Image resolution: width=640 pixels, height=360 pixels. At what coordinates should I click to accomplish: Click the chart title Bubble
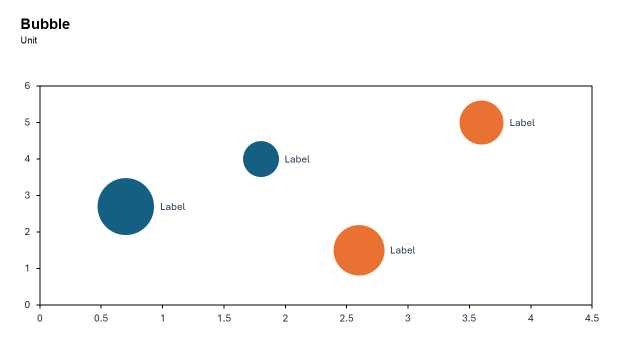point(45,24)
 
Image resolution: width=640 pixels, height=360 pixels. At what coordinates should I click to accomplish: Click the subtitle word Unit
point(29,40)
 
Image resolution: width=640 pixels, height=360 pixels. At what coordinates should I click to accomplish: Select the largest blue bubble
point(125,206)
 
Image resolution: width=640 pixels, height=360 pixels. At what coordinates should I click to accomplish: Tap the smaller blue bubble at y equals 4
point(261,159)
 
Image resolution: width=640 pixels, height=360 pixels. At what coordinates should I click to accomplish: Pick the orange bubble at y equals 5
point(481,122)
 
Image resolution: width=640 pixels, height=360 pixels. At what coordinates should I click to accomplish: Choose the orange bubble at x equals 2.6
point(358,250)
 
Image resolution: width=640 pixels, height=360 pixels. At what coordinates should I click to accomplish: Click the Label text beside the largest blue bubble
point(172,207)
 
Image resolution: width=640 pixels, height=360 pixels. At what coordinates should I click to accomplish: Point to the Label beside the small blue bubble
point(297,159)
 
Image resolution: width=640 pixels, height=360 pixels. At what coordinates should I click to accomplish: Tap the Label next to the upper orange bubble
point(522,123)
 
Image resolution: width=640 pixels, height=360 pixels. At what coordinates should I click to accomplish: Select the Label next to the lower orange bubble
point(402,250)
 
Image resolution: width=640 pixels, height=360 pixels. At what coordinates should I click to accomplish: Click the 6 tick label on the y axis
point(27,86)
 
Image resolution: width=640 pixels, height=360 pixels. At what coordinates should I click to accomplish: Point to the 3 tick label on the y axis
point(27,195)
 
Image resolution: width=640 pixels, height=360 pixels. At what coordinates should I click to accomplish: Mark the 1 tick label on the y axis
point(27,268)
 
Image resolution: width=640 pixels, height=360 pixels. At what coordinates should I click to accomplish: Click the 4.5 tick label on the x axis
point(591,318)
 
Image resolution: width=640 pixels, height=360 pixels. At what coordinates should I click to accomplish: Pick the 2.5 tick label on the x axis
point(346,318)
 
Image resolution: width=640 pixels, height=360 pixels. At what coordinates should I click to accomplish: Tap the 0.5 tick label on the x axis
point(101,318)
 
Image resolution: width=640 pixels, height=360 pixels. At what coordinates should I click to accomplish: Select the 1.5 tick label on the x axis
point(223,318)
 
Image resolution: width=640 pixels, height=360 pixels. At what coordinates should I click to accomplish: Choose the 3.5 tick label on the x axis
point(469,318)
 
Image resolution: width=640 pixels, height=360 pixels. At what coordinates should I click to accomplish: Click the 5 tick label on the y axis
point(27,122)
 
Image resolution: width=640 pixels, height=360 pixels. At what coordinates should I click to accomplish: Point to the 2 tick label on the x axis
point(285,318)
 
